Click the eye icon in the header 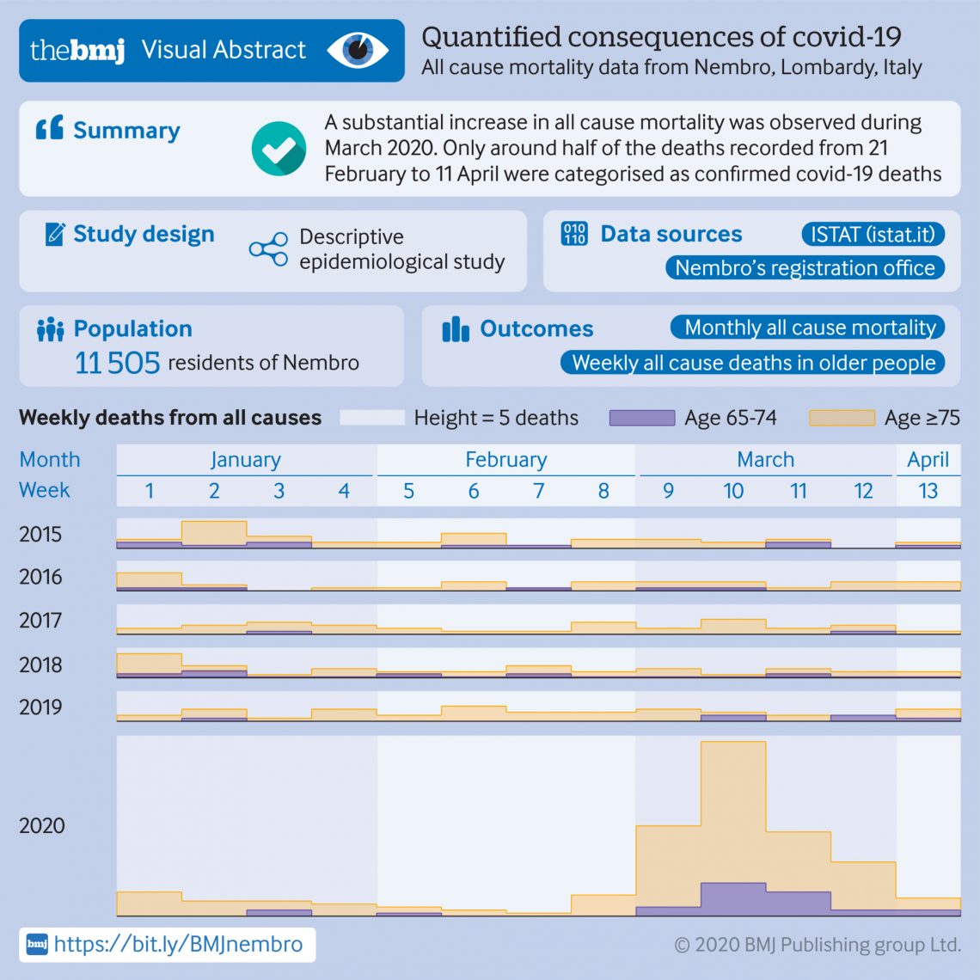tap(358, 50)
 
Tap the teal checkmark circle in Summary tap(279, 148)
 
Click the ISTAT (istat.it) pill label tap(873, 234)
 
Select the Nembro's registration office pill tap(805, 268)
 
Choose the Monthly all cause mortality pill tap(808, 328)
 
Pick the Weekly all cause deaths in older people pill tap(753, 363)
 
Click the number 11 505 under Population tap(118, 363)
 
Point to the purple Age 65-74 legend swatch tap(641, 418)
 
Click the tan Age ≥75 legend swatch tap(842, 418)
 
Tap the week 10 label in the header tap(733, 491)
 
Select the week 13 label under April tap(928, 491)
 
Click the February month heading tap(505, 460)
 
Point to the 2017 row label tap(40, 620)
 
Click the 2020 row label tap(41, 826)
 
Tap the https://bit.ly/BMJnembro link tap(178, 945)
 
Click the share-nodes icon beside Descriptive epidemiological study tap(268, 249)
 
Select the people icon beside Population tap(51, 329)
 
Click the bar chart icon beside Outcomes tap(456, 329)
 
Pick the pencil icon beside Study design tap(54, 234)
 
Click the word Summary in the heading tap(126, 131)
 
